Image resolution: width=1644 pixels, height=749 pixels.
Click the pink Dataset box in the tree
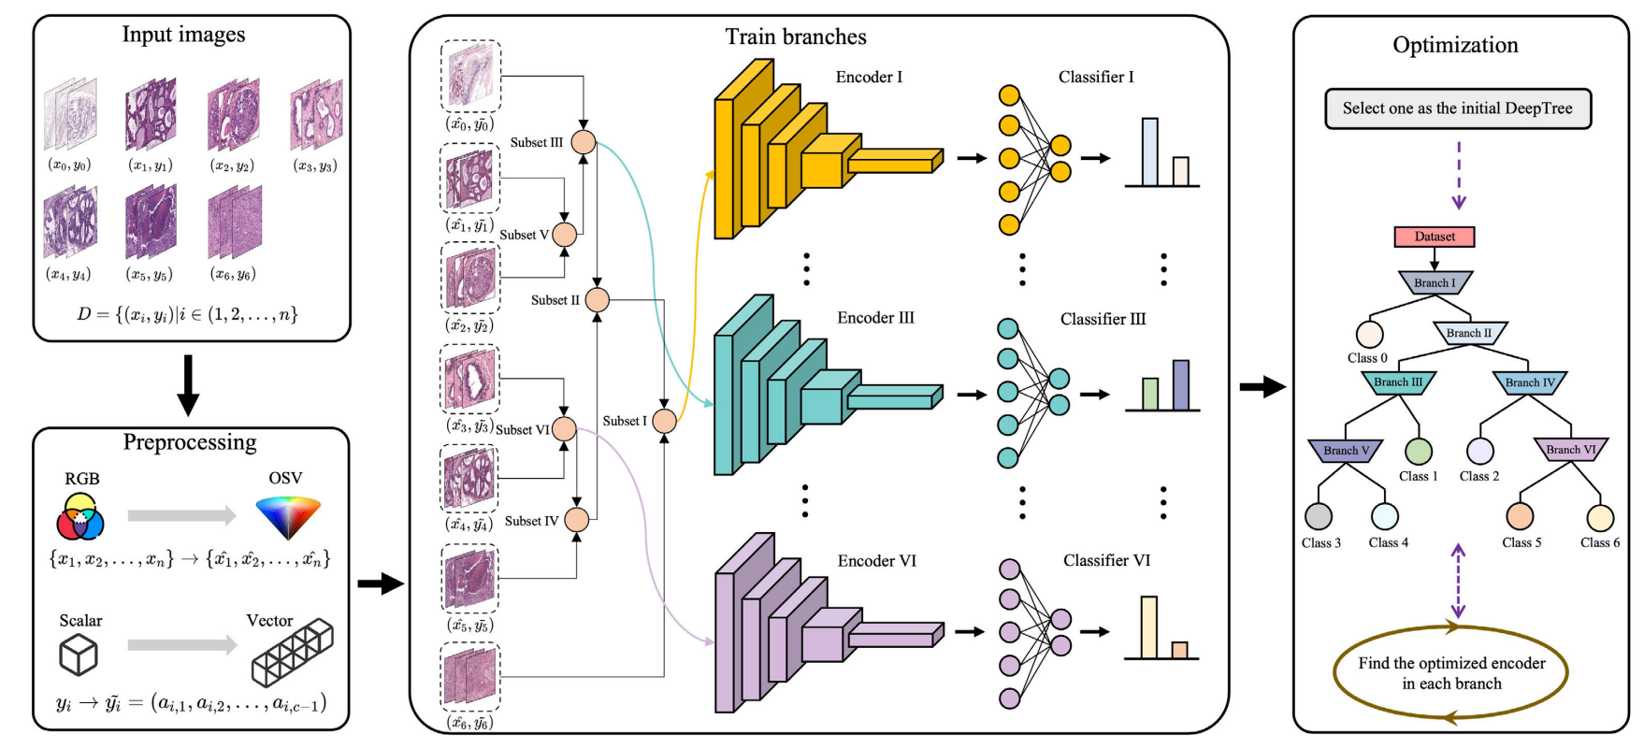click(1434, 237)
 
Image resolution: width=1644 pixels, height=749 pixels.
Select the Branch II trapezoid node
click(1468, 333)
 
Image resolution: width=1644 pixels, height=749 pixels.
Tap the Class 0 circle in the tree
click(1369, 334)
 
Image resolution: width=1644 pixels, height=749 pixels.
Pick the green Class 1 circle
click(1419, 452)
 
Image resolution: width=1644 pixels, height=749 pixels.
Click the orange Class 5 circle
click(1520, 516)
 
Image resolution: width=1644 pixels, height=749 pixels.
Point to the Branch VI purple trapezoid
click(1570, 450)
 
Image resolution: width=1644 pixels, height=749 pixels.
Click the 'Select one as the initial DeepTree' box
click(1457, 108)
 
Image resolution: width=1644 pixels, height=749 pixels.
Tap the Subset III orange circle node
click(584, 142)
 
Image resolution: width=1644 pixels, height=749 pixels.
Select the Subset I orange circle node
click(664, 421)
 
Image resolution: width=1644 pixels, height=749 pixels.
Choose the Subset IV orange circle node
click(577, 520)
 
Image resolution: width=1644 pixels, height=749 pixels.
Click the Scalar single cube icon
click(79, 655)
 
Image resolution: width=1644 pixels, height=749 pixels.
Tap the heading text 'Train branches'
click(796, 37)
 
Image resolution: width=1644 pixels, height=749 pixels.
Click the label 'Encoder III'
click(875, 318)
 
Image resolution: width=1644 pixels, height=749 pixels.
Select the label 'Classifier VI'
click(1106, 560)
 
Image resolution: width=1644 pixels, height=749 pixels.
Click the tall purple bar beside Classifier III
click(1180, 385)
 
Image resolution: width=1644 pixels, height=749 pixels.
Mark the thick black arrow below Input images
click(188, 384)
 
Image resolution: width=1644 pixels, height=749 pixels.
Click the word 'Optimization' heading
click(1455, 45)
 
